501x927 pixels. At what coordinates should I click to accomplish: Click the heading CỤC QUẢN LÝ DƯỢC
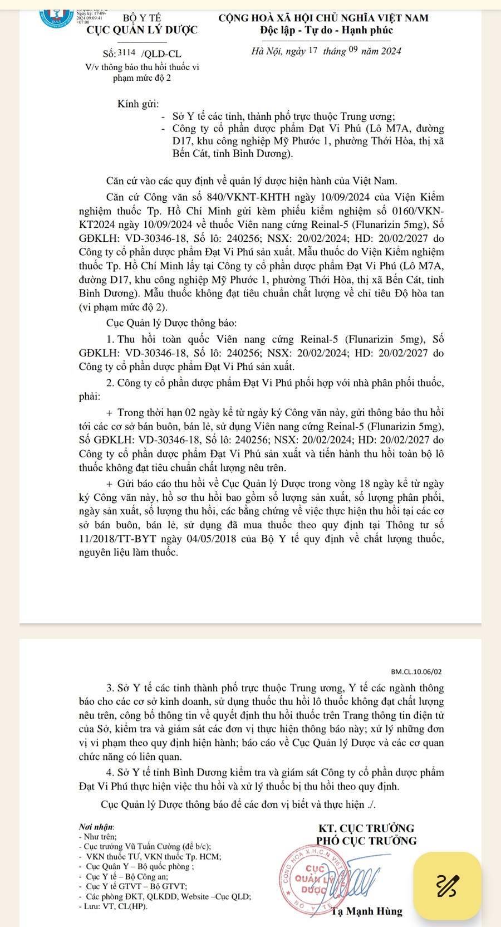click(x=142, y=30)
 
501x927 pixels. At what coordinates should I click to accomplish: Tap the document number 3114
click(x=126, y=53)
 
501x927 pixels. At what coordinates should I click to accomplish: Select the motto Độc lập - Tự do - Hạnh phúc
click(x=326, y=30)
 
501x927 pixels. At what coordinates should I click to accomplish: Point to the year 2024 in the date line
click(x=390, y=51)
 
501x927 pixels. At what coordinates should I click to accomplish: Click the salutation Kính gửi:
click(x=138, y=104)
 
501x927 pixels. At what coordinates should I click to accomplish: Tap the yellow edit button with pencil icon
click(x=448, y=886)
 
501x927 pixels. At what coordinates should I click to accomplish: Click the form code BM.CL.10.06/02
click(x=416, y=672)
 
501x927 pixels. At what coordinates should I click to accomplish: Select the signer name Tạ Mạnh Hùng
click(x=366, y=911)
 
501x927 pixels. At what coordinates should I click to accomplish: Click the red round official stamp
click(x=315, y=879)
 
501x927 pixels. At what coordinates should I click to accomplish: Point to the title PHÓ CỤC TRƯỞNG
click(x=366, y=841)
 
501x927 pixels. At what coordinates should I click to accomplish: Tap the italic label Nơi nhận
click(x=96, y=827)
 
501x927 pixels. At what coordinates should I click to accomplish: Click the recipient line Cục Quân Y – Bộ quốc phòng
click(x=140, y=867)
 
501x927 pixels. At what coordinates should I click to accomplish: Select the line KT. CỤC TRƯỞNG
click(x=366, y=828)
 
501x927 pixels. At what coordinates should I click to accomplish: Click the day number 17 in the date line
click(x=312, y=51)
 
